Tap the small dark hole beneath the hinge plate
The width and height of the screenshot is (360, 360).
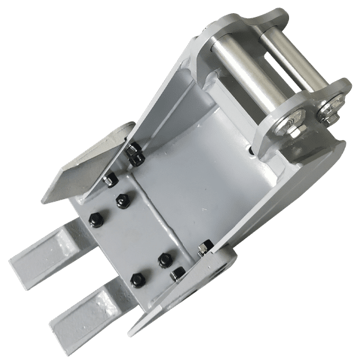click(x=252, y=151)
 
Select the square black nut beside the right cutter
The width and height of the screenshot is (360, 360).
click(x=178, y=274)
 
